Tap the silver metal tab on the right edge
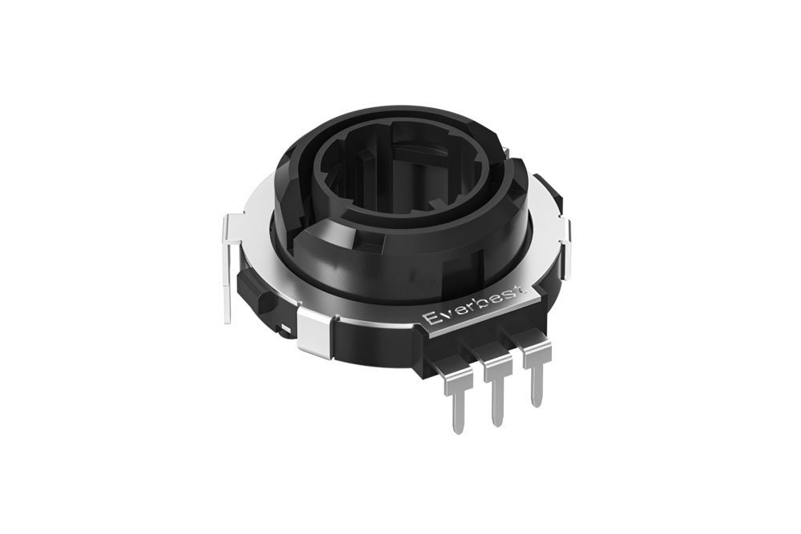(567, 232)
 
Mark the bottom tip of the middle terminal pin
(498, 422)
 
